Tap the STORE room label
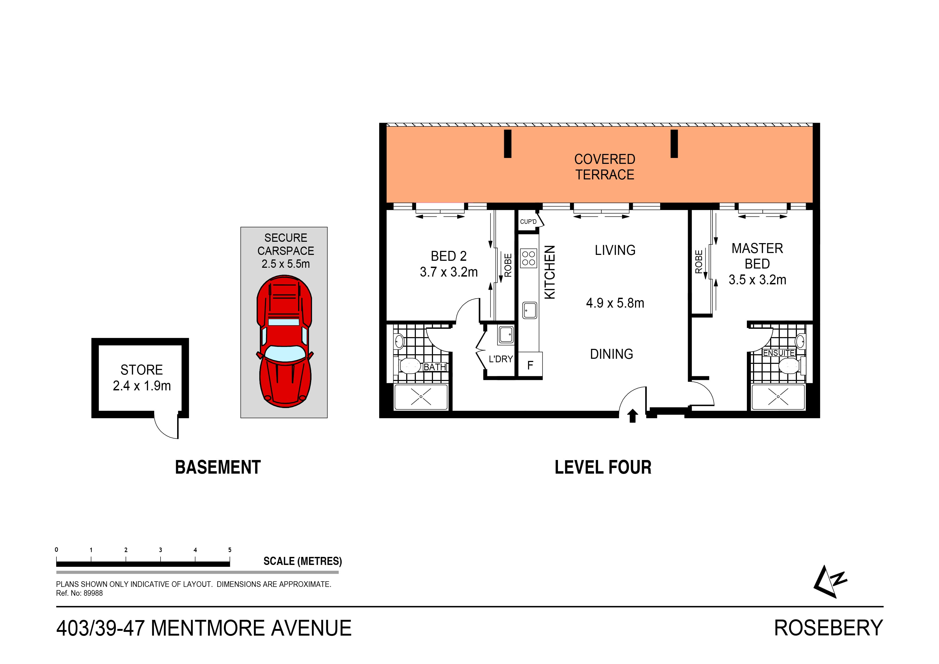pyautogui.click(x=142, y=370)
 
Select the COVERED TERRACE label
pyautogui.click(x=605, y=167)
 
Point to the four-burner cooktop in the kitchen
pyautogui.click(x=529, y=258)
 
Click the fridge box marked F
pyautogui.click(x=530, y=365)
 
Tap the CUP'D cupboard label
pyautogui.click(x=528, y=222)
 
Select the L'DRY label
pyautogui.click(x=501, y=359)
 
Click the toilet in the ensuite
pyautogui.click(x=789, y=366)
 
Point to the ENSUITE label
pyautogui.click(x=779, y=353)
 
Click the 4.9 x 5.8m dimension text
pyautogui.click(x=615, y=303)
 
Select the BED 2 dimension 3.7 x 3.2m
pyautogui.click(x=449, y=272)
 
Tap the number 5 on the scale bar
pyautogui.click(x=230, y=550)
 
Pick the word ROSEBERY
pyautogui.click(x=828, y=628)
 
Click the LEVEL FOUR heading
pyautogui.click(x=603, y=468)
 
